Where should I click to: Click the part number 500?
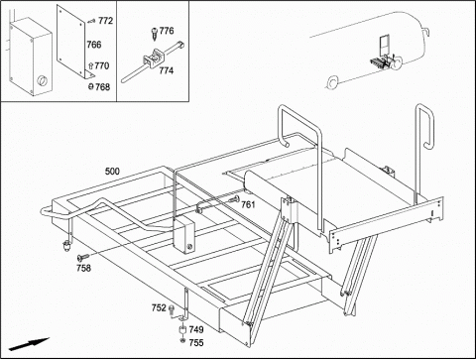click(x=112, y=172)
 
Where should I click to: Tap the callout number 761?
click(x=248, y=205)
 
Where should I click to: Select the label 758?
click(x=83, y=268)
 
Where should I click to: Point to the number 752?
click(x=159, y=307)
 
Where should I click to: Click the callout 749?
click(x=196, y=329)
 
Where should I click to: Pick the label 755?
click(x=196, y=343)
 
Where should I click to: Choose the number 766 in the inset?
click(x=94, y=45)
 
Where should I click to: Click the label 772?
click(x=105, y=21)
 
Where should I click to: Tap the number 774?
click(x=167, y=70)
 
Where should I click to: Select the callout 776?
click(x=167, y=31)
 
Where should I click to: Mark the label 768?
click(x=102, y=87)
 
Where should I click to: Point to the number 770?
click(x=102, y=65)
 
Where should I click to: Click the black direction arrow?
click(x=29, y=344)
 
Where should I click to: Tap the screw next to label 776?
click(x=155, y=35)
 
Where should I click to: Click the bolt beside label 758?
click(x=83, y=257)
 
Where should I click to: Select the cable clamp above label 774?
click(x=153, y=59)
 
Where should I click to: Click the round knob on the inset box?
click(x=42, y=80)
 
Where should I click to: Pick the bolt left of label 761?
click(x=234, y=198)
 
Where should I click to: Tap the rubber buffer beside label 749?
click(x=182, y=329)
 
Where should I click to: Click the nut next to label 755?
click(x=182, y=340)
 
